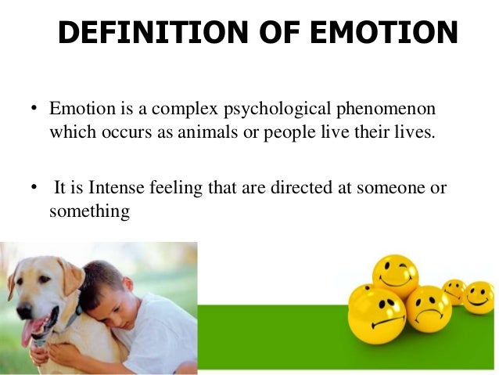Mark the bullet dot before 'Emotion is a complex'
34,106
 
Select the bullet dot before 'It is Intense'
34,188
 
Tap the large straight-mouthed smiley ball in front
375,312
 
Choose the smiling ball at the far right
478,297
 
